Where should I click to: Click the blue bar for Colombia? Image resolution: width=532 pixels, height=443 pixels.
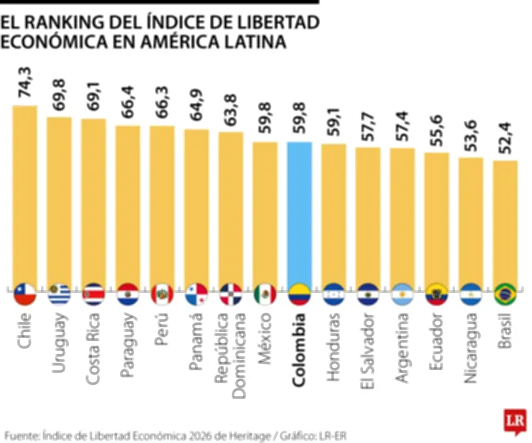click(299, 213)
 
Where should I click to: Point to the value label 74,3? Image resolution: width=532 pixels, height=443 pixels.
click(25, 85)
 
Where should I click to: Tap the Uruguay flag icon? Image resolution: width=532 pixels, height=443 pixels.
click(59, 293)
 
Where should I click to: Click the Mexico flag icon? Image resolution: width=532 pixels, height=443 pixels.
click(265, 293)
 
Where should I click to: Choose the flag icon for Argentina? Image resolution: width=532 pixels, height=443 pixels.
click(402, 293)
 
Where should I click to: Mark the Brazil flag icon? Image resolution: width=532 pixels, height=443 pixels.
click(505, 293)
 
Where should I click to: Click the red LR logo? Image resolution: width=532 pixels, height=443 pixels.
click(513, 422)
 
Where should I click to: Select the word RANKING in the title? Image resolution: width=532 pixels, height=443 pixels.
click(67, 23)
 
